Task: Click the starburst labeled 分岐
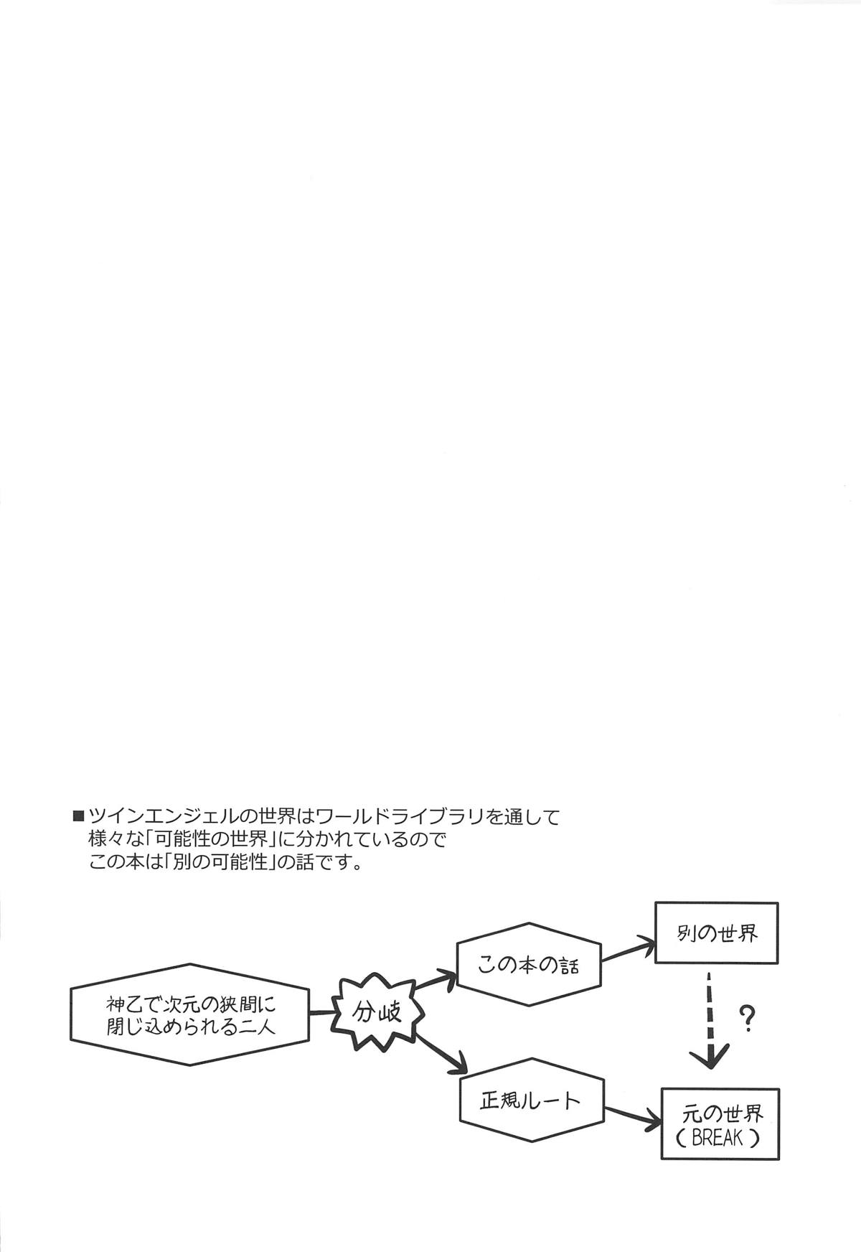(377, 1012)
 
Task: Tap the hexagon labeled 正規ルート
(531, 1099)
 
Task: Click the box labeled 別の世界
(716, 933)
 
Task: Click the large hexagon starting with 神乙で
(190, 1014)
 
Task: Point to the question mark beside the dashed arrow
(748, 1018)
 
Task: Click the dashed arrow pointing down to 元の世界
(710, 1019)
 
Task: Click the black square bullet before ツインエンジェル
(78, 816)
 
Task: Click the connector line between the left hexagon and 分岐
(323, 1013)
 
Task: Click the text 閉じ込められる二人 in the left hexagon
(190, 1027)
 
